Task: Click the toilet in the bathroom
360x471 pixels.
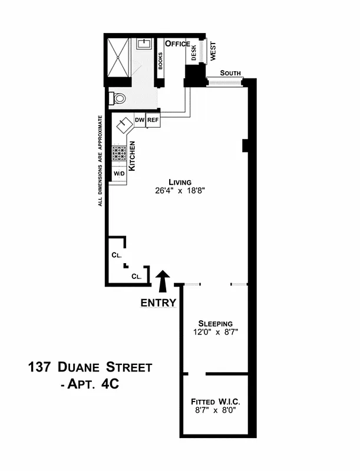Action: (118, 98)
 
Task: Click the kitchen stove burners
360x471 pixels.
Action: (120, 153)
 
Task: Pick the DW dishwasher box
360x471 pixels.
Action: (140, 120)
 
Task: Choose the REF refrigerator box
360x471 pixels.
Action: (153, 120)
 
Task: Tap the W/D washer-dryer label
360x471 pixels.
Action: (119, 174)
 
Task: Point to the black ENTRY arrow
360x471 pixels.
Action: (163, 281)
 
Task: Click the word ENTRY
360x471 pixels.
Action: (158, 304)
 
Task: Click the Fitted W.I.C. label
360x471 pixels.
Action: (216, 401)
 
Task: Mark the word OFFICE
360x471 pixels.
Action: (177, 44)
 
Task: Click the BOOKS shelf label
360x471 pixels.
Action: (160, 61)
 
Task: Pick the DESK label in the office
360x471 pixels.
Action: (193, 54)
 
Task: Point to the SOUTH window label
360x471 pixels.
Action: (230, 73)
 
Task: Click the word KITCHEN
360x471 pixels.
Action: (133, 156)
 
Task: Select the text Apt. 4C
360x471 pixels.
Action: (92, 386)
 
